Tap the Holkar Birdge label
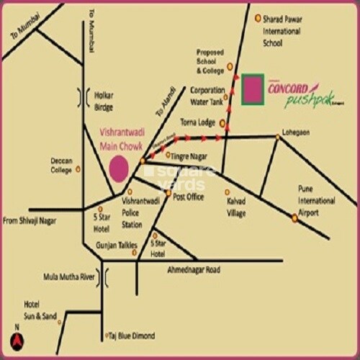tap(109, 99)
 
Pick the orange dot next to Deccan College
tap(78, 169)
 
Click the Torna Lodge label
tap(198, 122)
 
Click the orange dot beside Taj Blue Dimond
tap(105, 335)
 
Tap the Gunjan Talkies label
tap(117, 246)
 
